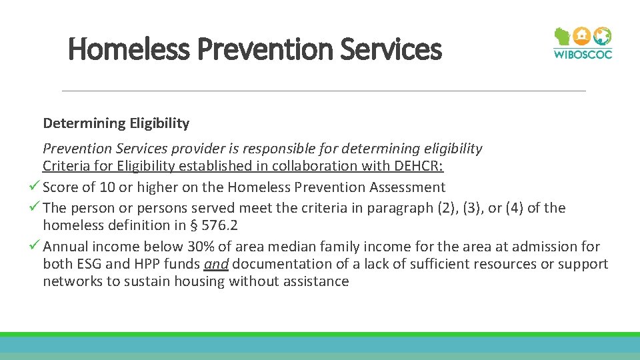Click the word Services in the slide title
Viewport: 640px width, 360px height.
pos(401,49)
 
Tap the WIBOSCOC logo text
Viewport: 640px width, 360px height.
pos(582,54)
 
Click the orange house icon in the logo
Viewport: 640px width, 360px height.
pos(582,36)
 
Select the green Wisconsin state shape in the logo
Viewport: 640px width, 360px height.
pos(563,37)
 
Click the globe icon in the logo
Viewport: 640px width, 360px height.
pos(602,36)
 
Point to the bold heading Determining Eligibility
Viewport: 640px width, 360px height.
pos(116,123)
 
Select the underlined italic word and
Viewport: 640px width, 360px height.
pos(216,264)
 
